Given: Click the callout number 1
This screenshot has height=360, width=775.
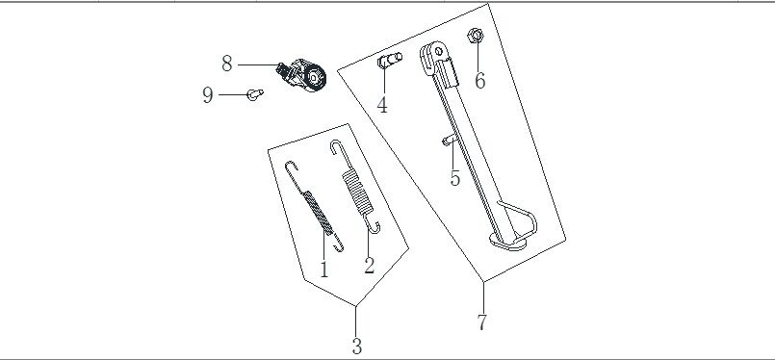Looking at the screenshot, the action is [x=323, y=270].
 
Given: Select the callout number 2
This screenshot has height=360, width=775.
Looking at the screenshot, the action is [x=370, y=266].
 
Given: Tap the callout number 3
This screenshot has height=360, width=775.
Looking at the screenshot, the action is [x=357, y=346].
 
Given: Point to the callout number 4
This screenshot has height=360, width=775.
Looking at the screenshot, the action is [x=382, y=105].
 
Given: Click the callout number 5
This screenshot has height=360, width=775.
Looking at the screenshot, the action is [x=455, y=178].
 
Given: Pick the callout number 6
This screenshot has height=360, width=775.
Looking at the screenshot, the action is [x=480, y=81].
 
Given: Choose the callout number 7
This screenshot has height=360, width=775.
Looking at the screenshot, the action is [x=482, y=321].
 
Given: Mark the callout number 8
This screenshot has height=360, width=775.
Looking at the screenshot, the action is [x=227, y=64].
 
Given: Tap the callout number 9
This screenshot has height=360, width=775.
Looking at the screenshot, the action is [x=208, y=95].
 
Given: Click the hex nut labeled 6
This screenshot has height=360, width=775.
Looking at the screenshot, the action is [x=475, y=36].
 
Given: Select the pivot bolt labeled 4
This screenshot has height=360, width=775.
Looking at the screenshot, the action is [x=390, y=61].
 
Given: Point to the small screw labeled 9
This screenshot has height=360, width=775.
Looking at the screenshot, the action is [x=254, y=94].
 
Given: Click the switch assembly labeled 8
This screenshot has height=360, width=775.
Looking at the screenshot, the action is [x=301, y=75].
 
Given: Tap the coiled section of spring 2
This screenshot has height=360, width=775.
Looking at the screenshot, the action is [x=356, y=192].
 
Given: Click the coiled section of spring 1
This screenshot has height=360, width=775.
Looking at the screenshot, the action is [x=318, y=212].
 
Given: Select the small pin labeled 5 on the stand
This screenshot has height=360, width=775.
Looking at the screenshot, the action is [x=449, y=141].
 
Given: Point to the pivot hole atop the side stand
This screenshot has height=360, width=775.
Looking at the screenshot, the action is [x=438, y=51].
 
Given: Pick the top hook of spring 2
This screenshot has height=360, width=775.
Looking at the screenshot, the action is [x=337, y=147].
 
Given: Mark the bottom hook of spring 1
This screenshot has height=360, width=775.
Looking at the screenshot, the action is [x=338, y=244].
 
